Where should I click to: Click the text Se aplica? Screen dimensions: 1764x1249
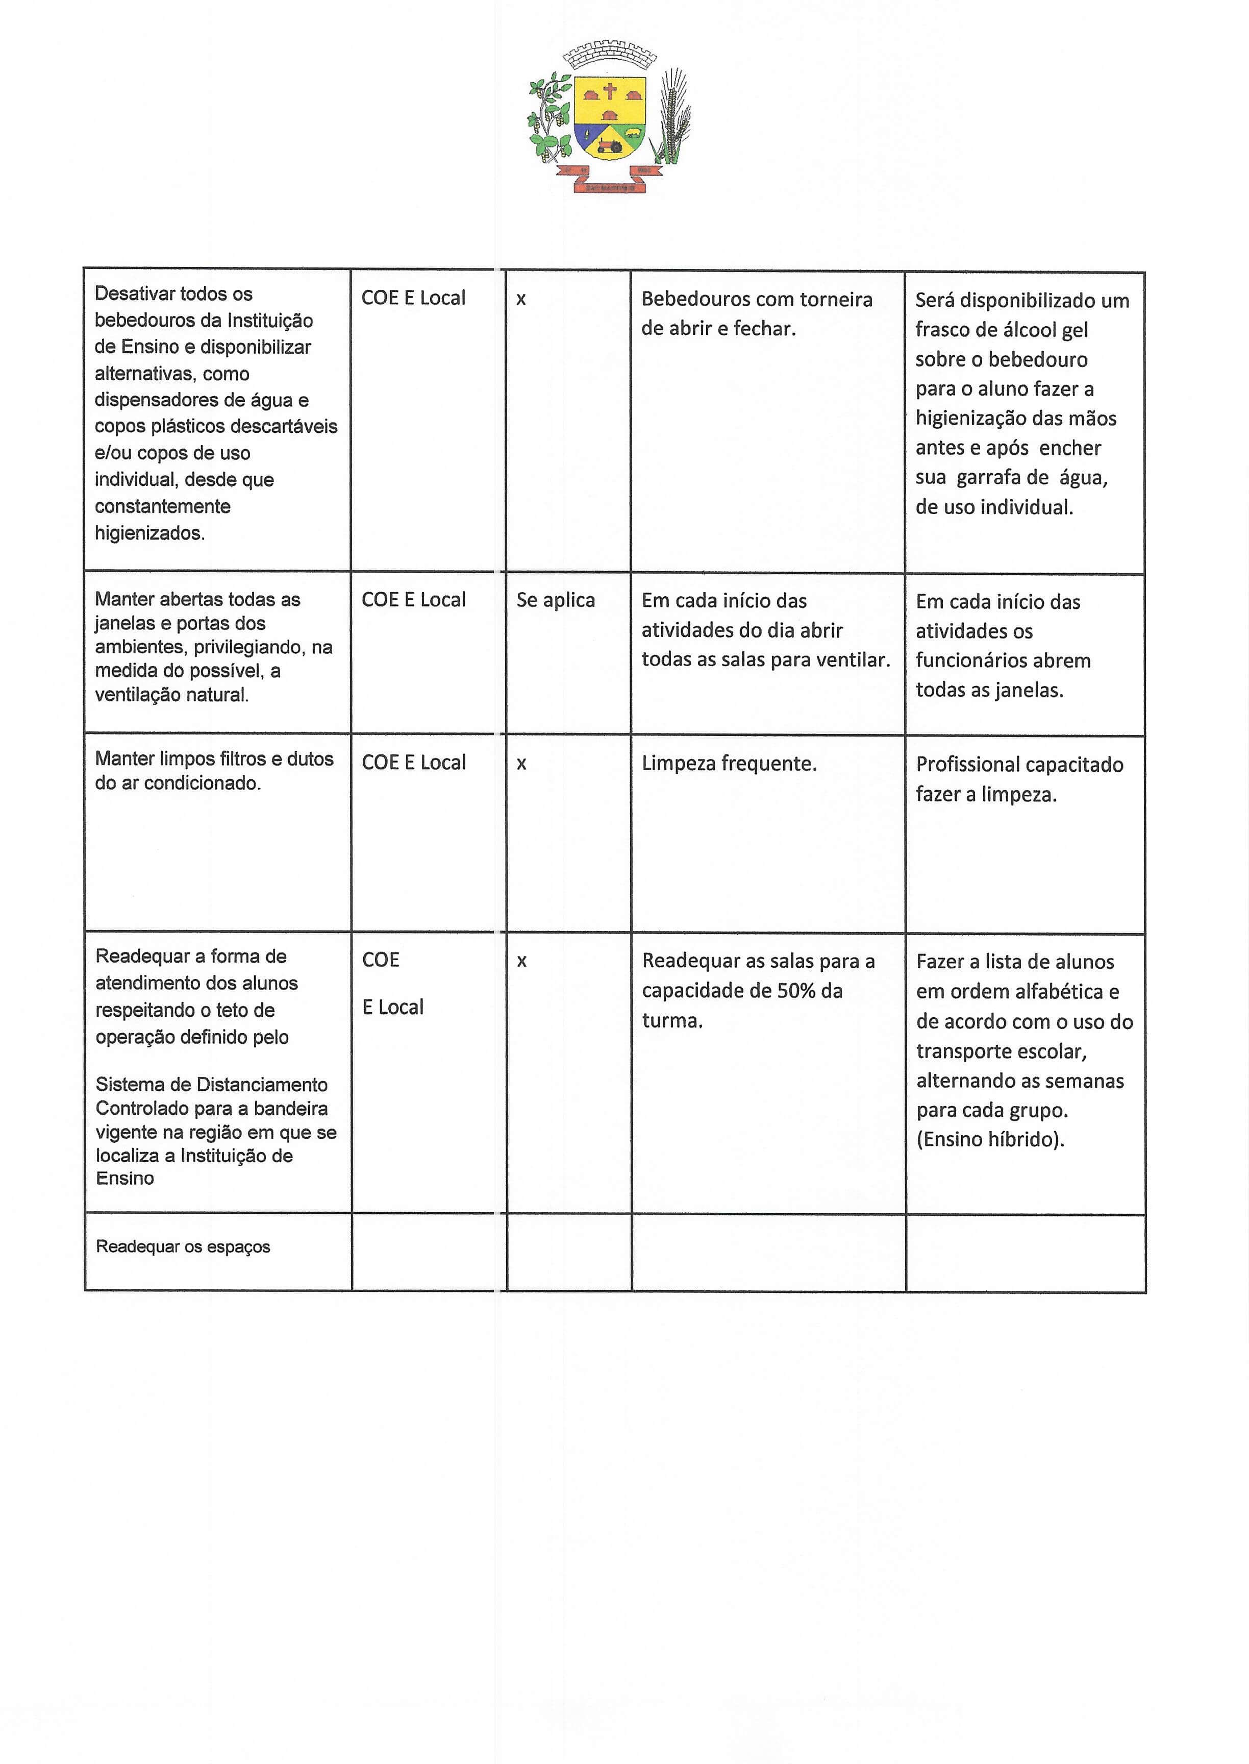click(555, 600)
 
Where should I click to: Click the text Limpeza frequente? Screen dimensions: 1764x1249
click(729, 764)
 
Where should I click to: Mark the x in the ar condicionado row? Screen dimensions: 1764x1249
click(521, 764)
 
